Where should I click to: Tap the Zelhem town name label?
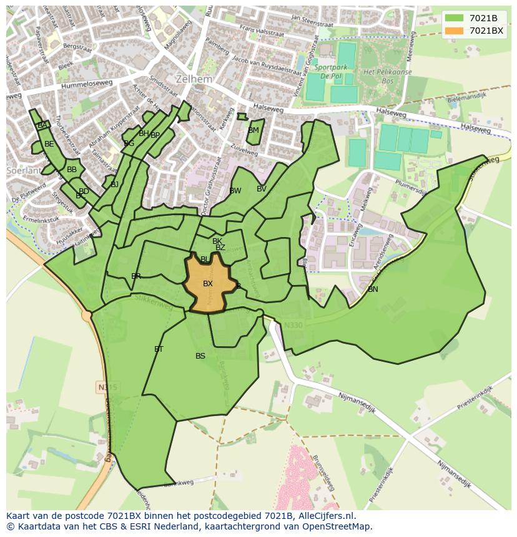click(x=194, y=80)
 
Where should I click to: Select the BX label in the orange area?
click(x=208, y=284)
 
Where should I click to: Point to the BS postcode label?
click(x=200, y=356)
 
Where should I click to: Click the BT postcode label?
click(x=159, y=349)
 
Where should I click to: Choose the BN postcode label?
click(x=373, y=289)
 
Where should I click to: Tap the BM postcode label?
click(x=253, y=130)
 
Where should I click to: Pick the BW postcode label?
click(x=235, y=191)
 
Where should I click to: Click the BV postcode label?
click(x=261, y=189)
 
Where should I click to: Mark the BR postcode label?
click(x=136, y=276)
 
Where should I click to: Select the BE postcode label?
click(x=49, y=144)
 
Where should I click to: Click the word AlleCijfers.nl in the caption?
click(x=325, y=516)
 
